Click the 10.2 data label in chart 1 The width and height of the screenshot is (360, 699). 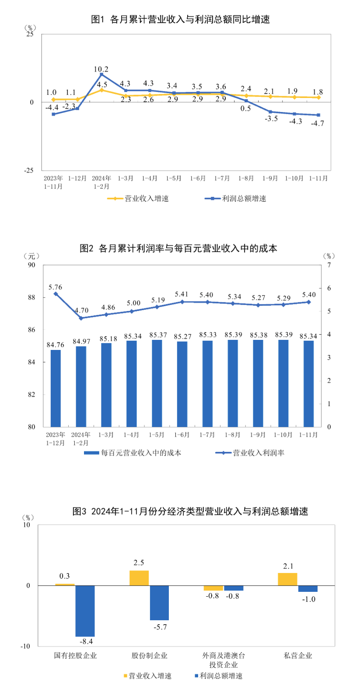[x=101, y=69]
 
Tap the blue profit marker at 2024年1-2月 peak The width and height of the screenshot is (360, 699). [x=101, y=74]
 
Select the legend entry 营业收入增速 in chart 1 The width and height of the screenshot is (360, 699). [x=138, y=199]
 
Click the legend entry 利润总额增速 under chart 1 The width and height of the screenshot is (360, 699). [x=236, y=199]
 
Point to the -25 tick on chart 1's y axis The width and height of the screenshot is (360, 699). [x=29, y=171]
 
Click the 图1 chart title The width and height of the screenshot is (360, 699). [x=180, y=19]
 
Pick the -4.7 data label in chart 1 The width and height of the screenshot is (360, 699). [x=317, y=124]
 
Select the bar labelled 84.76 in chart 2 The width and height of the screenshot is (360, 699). [x=56, y=388]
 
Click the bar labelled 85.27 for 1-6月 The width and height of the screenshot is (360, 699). [x=182, y=384]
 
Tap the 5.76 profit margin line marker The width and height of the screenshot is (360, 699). [x=56, y=294]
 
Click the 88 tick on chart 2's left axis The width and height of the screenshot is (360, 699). [x=31, y=297]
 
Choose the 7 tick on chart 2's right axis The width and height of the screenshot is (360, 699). [x=329, y=265]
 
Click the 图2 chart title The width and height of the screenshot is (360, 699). [x=178, y=248]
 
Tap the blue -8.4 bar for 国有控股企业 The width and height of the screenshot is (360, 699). [x=85, y=611]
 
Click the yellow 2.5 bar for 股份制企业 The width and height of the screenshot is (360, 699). [x=139, y=578]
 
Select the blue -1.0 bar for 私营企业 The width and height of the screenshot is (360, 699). [x=308, y=589]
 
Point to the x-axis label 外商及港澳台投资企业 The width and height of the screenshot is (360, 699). [x=224, y=660]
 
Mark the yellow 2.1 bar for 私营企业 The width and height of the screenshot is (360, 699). [x=287, y=579]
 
